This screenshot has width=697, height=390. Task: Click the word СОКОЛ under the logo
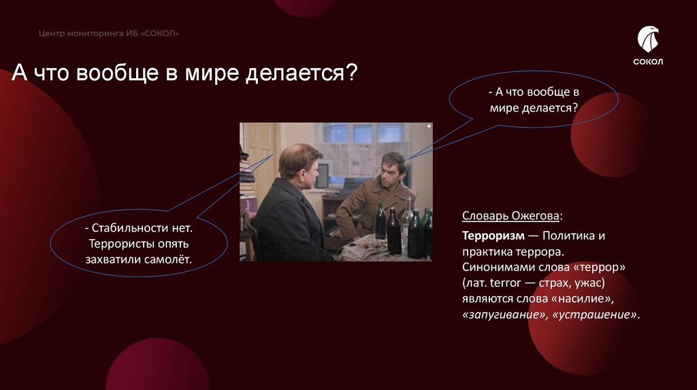[x=647, y=62]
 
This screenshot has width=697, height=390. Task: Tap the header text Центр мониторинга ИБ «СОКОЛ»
[x=109, y=33]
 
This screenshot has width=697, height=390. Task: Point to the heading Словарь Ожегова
[x=512, y=216]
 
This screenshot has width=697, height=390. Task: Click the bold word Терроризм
[x=493, y=236]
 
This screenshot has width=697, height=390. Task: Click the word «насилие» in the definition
[x=593, y=298]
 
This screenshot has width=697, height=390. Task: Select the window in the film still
[x=363, y=133]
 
